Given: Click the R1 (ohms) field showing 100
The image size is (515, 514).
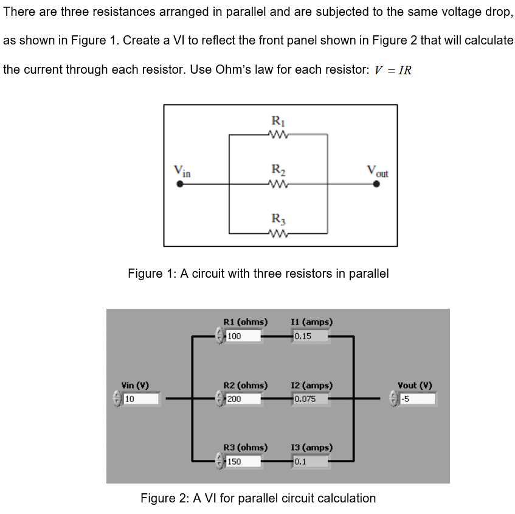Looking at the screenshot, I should (243, 336).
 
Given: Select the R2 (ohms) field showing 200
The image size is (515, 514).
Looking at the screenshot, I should (243, 400).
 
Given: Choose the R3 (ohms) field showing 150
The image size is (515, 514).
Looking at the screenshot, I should (243, 462).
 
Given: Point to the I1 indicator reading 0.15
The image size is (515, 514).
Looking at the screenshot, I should (310, 336).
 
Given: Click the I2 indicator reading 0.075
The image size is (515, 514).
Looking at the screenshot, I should (310, 400).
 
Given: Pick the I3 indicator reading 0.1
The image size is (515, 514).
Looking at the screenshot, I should (310, 462).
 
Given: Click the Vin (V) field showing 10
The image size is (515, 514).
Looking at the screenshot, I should (141, 400).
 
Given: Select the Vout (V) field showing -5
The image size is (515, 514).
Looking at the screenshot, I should (417, 400).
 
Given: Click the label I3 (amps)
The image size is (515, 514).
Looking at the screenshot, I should (312, 448).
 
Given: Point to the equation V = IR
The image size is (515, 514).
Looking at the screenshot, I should (393, 70).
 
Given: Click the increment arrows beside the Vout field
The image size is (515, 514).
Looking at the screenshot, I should (393, 400).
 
